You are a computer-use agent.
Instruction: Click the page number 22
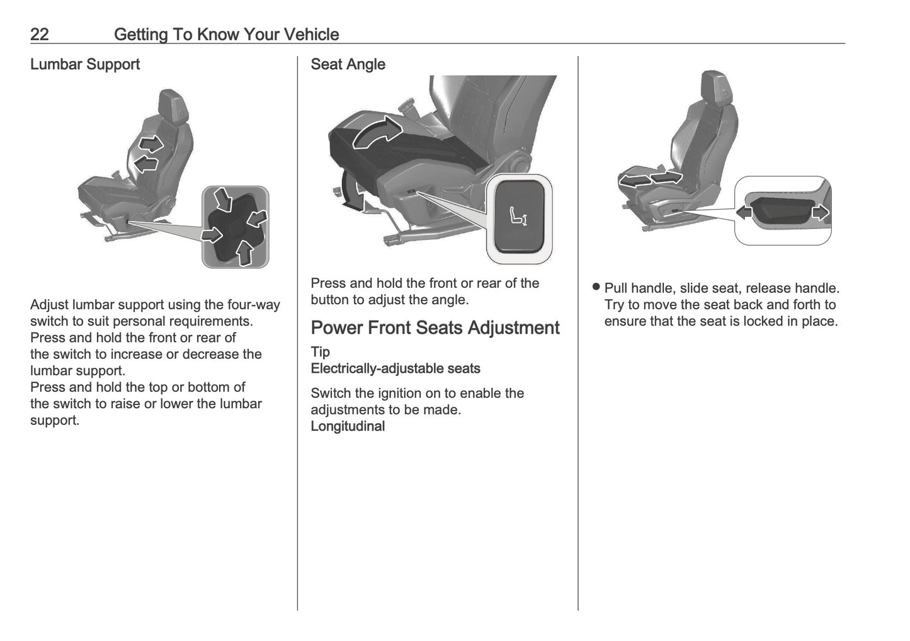point(39,34)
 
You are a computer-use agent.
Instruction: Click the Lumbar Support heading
point(85,64)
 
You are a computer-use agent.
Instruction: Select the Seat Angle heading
point(348,64)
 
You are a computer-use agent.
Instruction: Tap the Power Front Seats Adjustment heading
point(435,328)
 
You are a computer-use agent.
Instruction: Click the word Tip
point(320,352)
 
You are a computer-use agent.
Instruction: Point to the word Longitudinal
point(348,426)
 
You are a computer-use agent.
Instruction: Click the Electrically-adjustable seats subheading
point(395,368)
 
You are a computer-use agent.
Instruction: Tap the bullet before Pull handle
point(596,288)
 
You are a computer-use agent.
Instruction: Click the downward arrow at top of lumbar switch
point(223,200)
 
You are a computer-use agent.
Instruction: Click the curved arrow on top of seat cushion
point(377,134)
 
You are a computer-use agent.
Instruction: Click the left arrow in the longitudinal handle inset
point(744,213)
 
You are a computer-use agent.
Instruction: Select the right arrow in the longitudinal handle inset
point(821,213)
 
